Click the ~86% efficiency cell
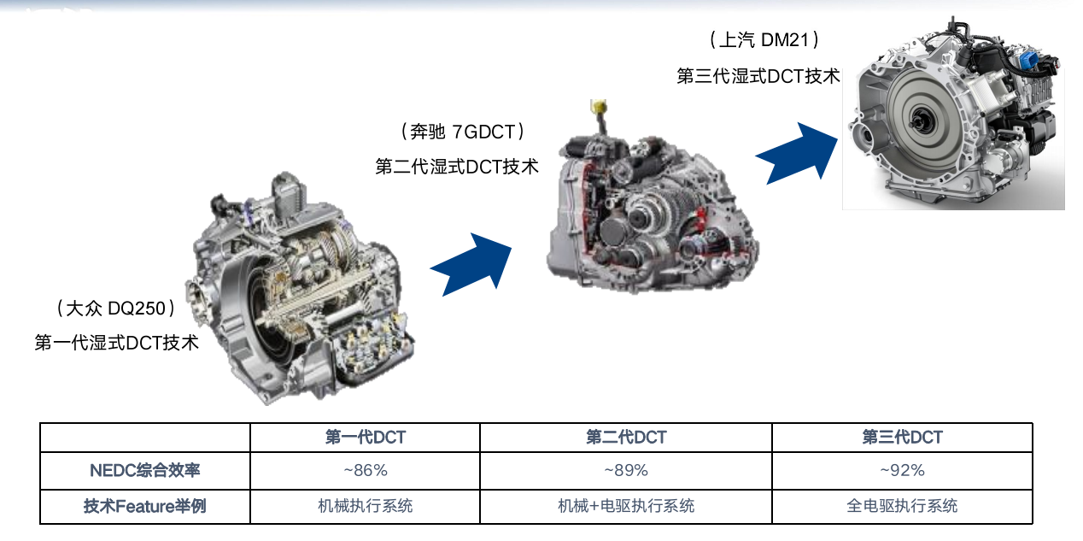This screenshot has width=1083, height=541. point(365,470)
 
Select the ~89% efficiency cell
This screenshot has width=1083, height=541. point(625,470)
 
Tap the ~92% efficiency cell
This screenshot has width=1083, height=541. point(902,470)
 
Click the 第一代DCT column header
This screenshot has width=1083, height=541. point(365,438)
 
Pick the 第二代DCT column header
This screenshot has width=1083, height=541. point(625,438)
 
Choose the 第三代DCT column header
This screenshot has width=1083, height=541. point(902,438)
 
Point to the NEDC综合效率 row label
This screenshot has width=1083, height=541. point(144,470)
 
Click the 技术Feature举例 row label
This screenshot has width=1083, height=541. point(144,506)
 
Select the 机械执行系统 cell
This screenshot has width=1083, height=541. point(365,506)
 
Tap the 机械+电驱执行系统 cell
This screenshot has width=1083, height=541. point(625,506)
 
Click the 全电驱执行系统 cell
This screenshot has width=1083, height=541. point(902,506)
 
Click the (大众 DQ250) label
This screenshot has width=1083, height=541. point(115,309)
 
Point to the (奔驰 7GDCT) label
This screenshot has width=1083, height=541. point(463,132)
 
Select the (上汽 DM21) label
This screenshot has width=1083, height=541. point(764,40)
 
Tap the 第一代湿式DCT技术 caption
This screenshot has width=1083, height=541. point(116,343)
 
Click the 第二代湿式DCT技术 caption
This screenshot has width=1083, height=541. point(457,167)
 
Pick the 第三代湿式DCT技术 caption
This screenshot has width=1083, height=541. point(758,76)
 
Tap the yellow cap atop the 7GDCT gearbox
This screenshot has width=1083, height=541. point(599,106)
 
